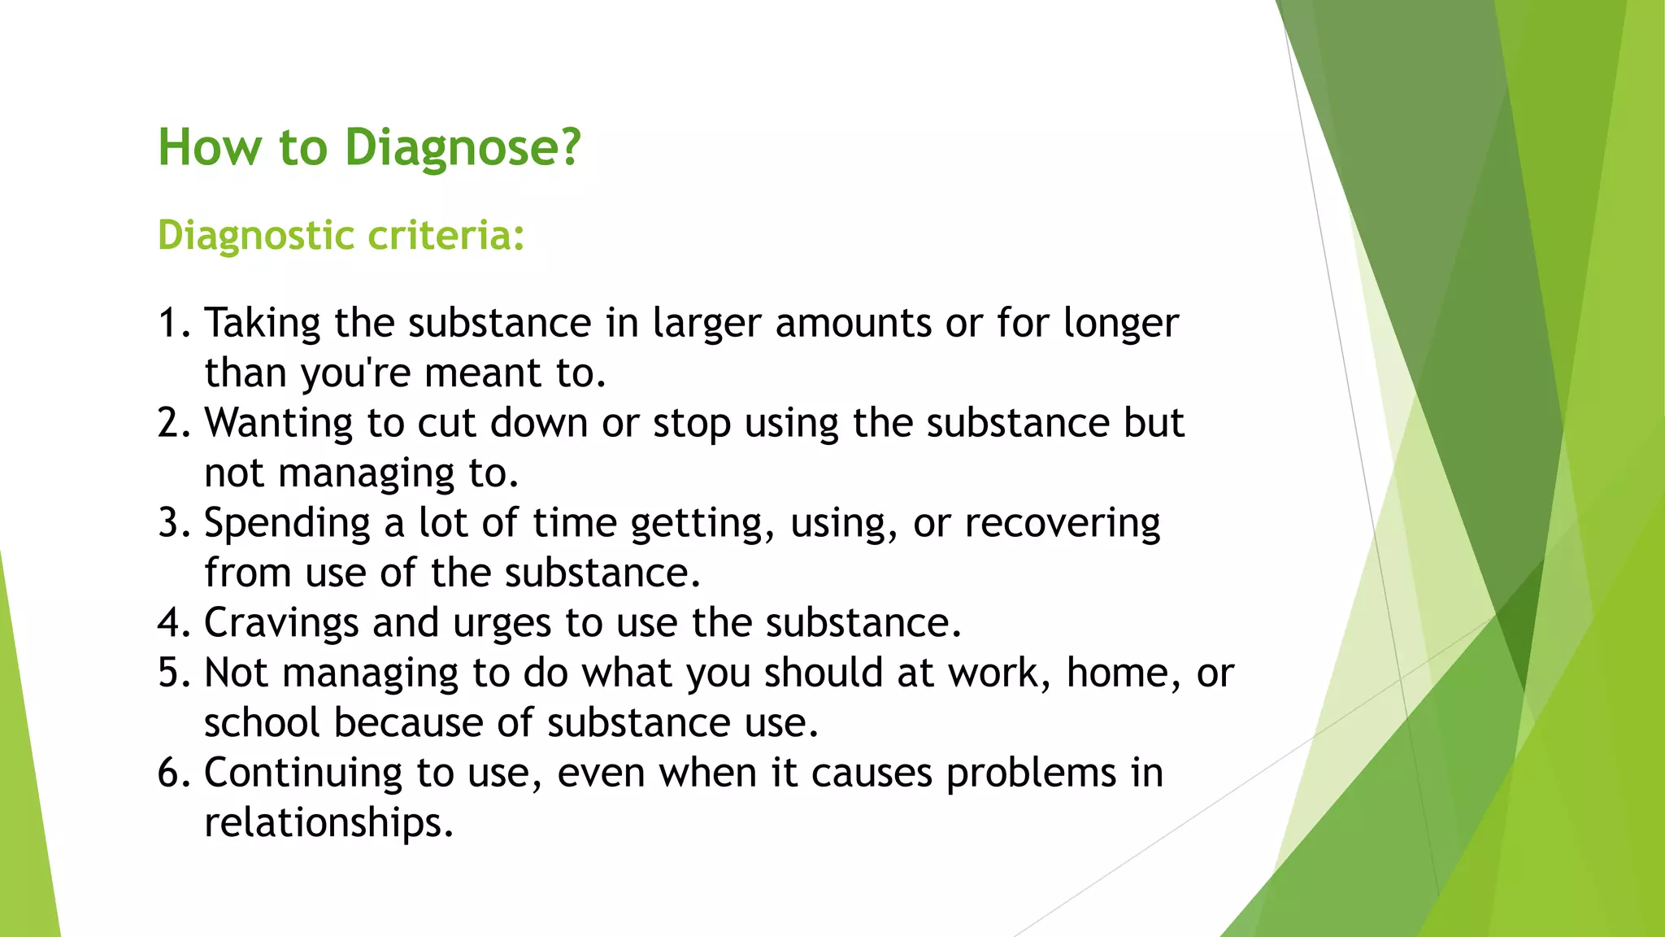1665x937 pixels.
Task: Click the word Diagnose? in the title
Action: (x=463, y=148)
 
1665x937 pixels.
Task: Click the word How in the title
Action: (x=210, y=148)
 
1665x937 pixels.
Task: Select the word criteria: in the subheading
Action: (x=446, y=236)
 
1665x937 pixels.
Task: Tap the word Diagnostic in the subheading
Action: (x=256, y=236)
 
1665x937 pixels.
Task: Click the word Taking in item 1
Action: (x=262, y=324)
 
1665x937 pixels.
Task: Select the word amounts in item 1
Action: (x=853, y=324)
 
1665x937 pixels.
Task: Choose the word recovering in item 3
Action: (x=1062, y=524)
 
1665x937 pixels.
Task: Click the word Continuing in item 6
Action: (x=302, y=774)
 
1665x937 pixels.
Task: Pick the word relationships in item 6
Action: (x=328, y=823)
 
